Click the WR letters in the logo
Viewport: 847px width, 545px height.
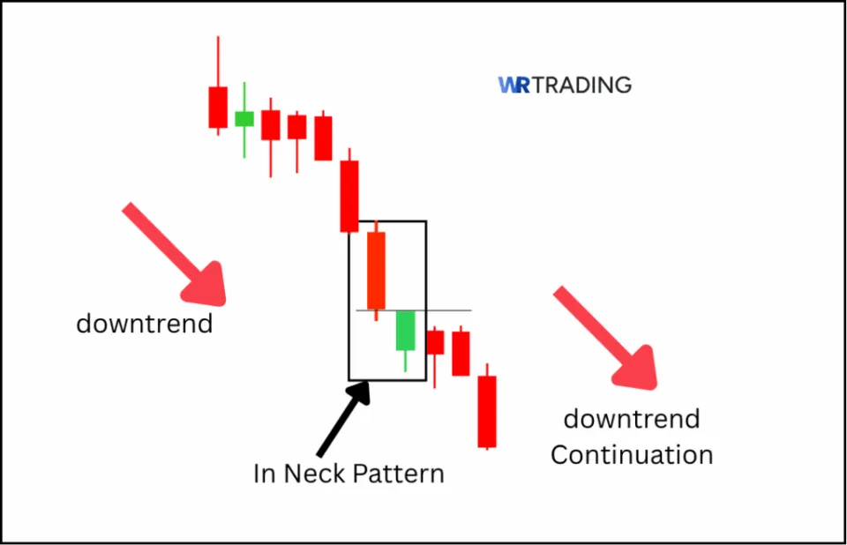coord(513,86)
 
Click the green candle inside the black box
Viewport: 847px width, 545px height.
coord(405,331)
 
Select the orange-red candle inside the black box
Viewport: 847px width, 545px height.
coord(377,271)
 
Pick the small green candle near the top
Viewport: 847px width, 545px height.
coord(244,118)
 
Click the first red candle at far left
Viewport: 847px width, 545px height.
coord(218,108)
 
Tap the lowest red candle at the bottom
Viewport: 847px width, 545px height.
coord(487,411)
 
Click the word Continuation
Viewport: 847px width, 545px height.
coord(631,455)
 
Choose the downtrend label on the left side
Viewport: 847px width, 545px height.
coord(145,324)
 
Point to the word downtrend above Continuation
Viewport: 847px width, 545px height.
coord(631,418)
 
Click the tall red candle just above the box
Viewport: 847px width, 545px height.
coord(350,196)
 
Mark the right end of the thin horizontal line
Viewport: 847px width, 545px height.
coord(470,310)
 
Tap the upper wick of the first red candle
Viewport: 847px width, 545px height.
coord(218,62)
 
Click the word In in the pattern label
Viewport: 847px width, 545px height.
coord(264,474)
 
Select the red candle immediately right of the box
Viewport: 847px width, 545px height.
coord(435,342)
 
